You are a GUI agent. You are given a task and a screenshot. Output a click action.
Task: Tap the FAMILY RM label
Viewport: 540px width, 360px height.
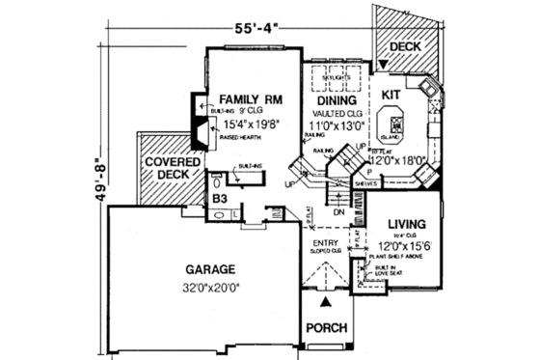click(x=250, y=98)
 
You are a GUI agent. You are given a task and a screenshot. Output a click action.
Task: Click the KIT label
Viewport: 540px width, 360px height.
click(x=391, y=96)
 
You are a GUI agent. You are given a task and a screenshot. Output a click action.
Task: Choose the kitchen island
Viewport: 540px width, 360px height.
click(x=396, y=125)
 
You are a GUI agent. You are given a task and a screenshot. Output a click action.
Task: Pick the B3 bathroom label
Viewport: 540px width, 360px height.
click(x=220, y=199)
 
